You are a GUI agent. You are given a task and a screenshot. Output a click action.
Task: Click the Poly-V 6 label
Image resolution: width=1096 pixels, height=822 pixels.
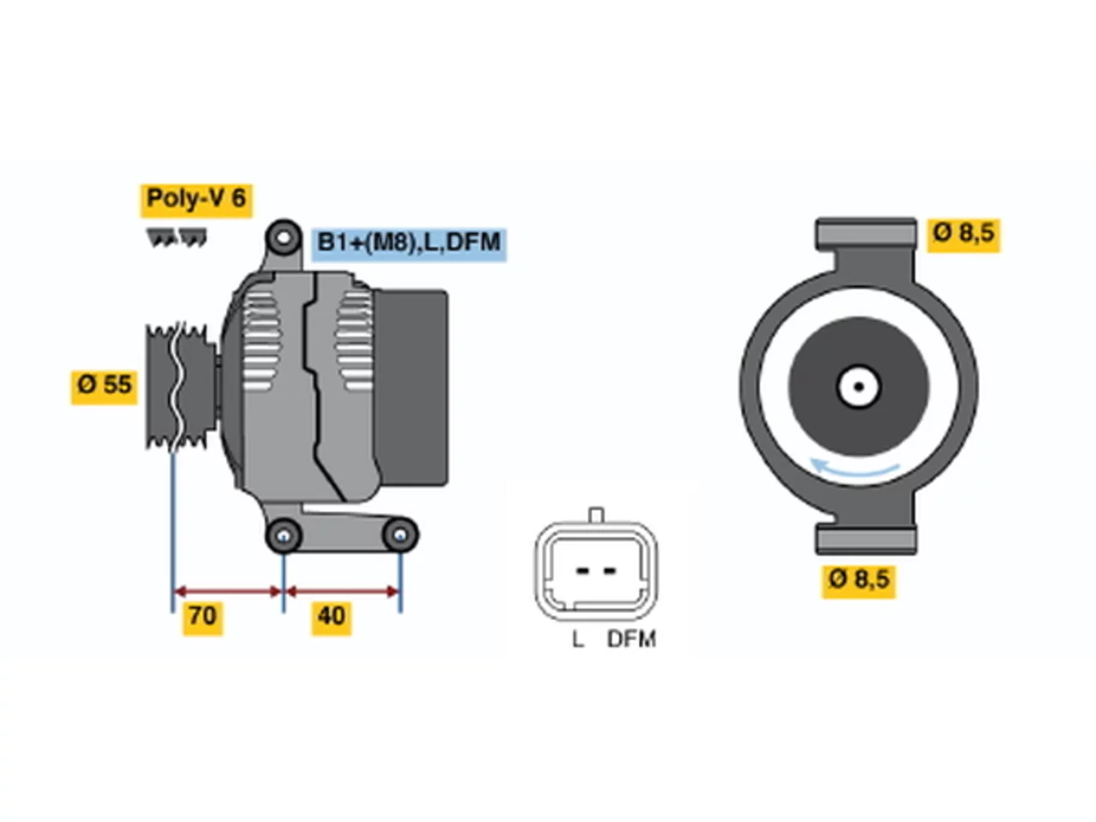point(195,200)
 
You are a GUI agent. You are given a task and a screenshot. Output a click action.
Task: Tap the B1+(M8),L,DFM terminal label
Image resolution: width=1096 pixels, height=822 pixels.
point(408,243)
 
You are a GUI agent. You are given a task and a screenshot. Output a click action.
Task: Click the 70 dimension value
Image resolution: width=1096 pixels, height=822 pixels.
point(203,618)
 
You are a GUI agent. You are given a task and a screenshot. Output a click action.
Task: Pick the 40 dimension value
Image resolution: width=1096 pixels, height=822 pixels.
point(331,618)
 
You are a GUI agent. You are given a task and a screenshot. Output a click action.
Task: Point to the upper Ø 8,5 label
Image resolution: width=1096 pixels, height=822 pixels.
point(963,235)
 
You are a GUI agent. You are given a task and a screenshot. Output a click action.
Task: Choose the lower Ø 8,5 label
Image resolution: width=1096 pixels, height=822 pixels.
point(859,581)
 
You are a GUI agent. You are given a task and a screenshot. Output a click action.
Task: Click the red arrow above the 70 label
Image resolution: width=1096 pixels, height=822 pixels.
point(228,592)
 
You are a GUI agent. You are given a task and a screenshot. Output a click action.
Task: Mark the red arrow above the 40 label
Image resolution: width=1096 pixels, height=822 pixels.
point(342,592)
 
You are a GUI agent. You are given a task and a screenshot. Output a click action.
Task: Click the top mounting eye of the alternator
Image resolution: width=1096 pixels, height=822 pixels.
point(283,238)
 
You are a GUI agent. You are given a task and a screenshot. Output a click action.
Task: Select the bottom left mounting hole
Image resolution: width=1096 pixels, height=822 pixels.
point(283,536)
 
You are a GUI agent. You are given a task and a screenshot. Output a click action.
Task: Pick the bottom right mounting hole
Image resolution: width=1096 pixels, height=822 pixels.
point(400,535)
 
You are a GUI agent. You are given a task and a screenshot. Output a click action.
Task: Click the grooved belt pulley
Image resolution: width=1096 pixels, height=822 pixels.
point(181,387)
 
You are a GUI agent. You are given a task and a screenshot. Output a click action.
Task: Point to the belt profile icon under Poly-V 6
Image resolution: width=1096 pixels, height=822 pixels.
point(176,238)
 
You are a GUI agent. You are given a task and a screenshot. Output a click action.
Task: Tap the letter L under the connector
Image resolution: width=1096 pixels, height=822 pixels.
point(577,640)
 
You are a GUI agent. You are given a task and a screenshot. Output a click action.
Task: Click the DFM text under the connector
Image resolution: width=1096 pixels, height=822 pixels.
point(631,640)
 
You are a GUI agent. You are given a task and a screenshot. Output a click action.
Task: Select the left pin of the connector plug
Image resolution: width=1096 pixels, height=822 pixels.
point(581,570)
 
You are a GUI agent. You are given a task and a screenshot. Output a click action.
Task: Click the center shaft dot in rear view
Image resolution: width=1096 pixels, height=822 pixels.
point(859,387)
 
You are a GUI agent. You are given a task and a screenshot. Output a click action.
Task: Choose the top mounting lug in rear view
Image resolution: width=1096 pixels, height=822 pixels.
point(866,234)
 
